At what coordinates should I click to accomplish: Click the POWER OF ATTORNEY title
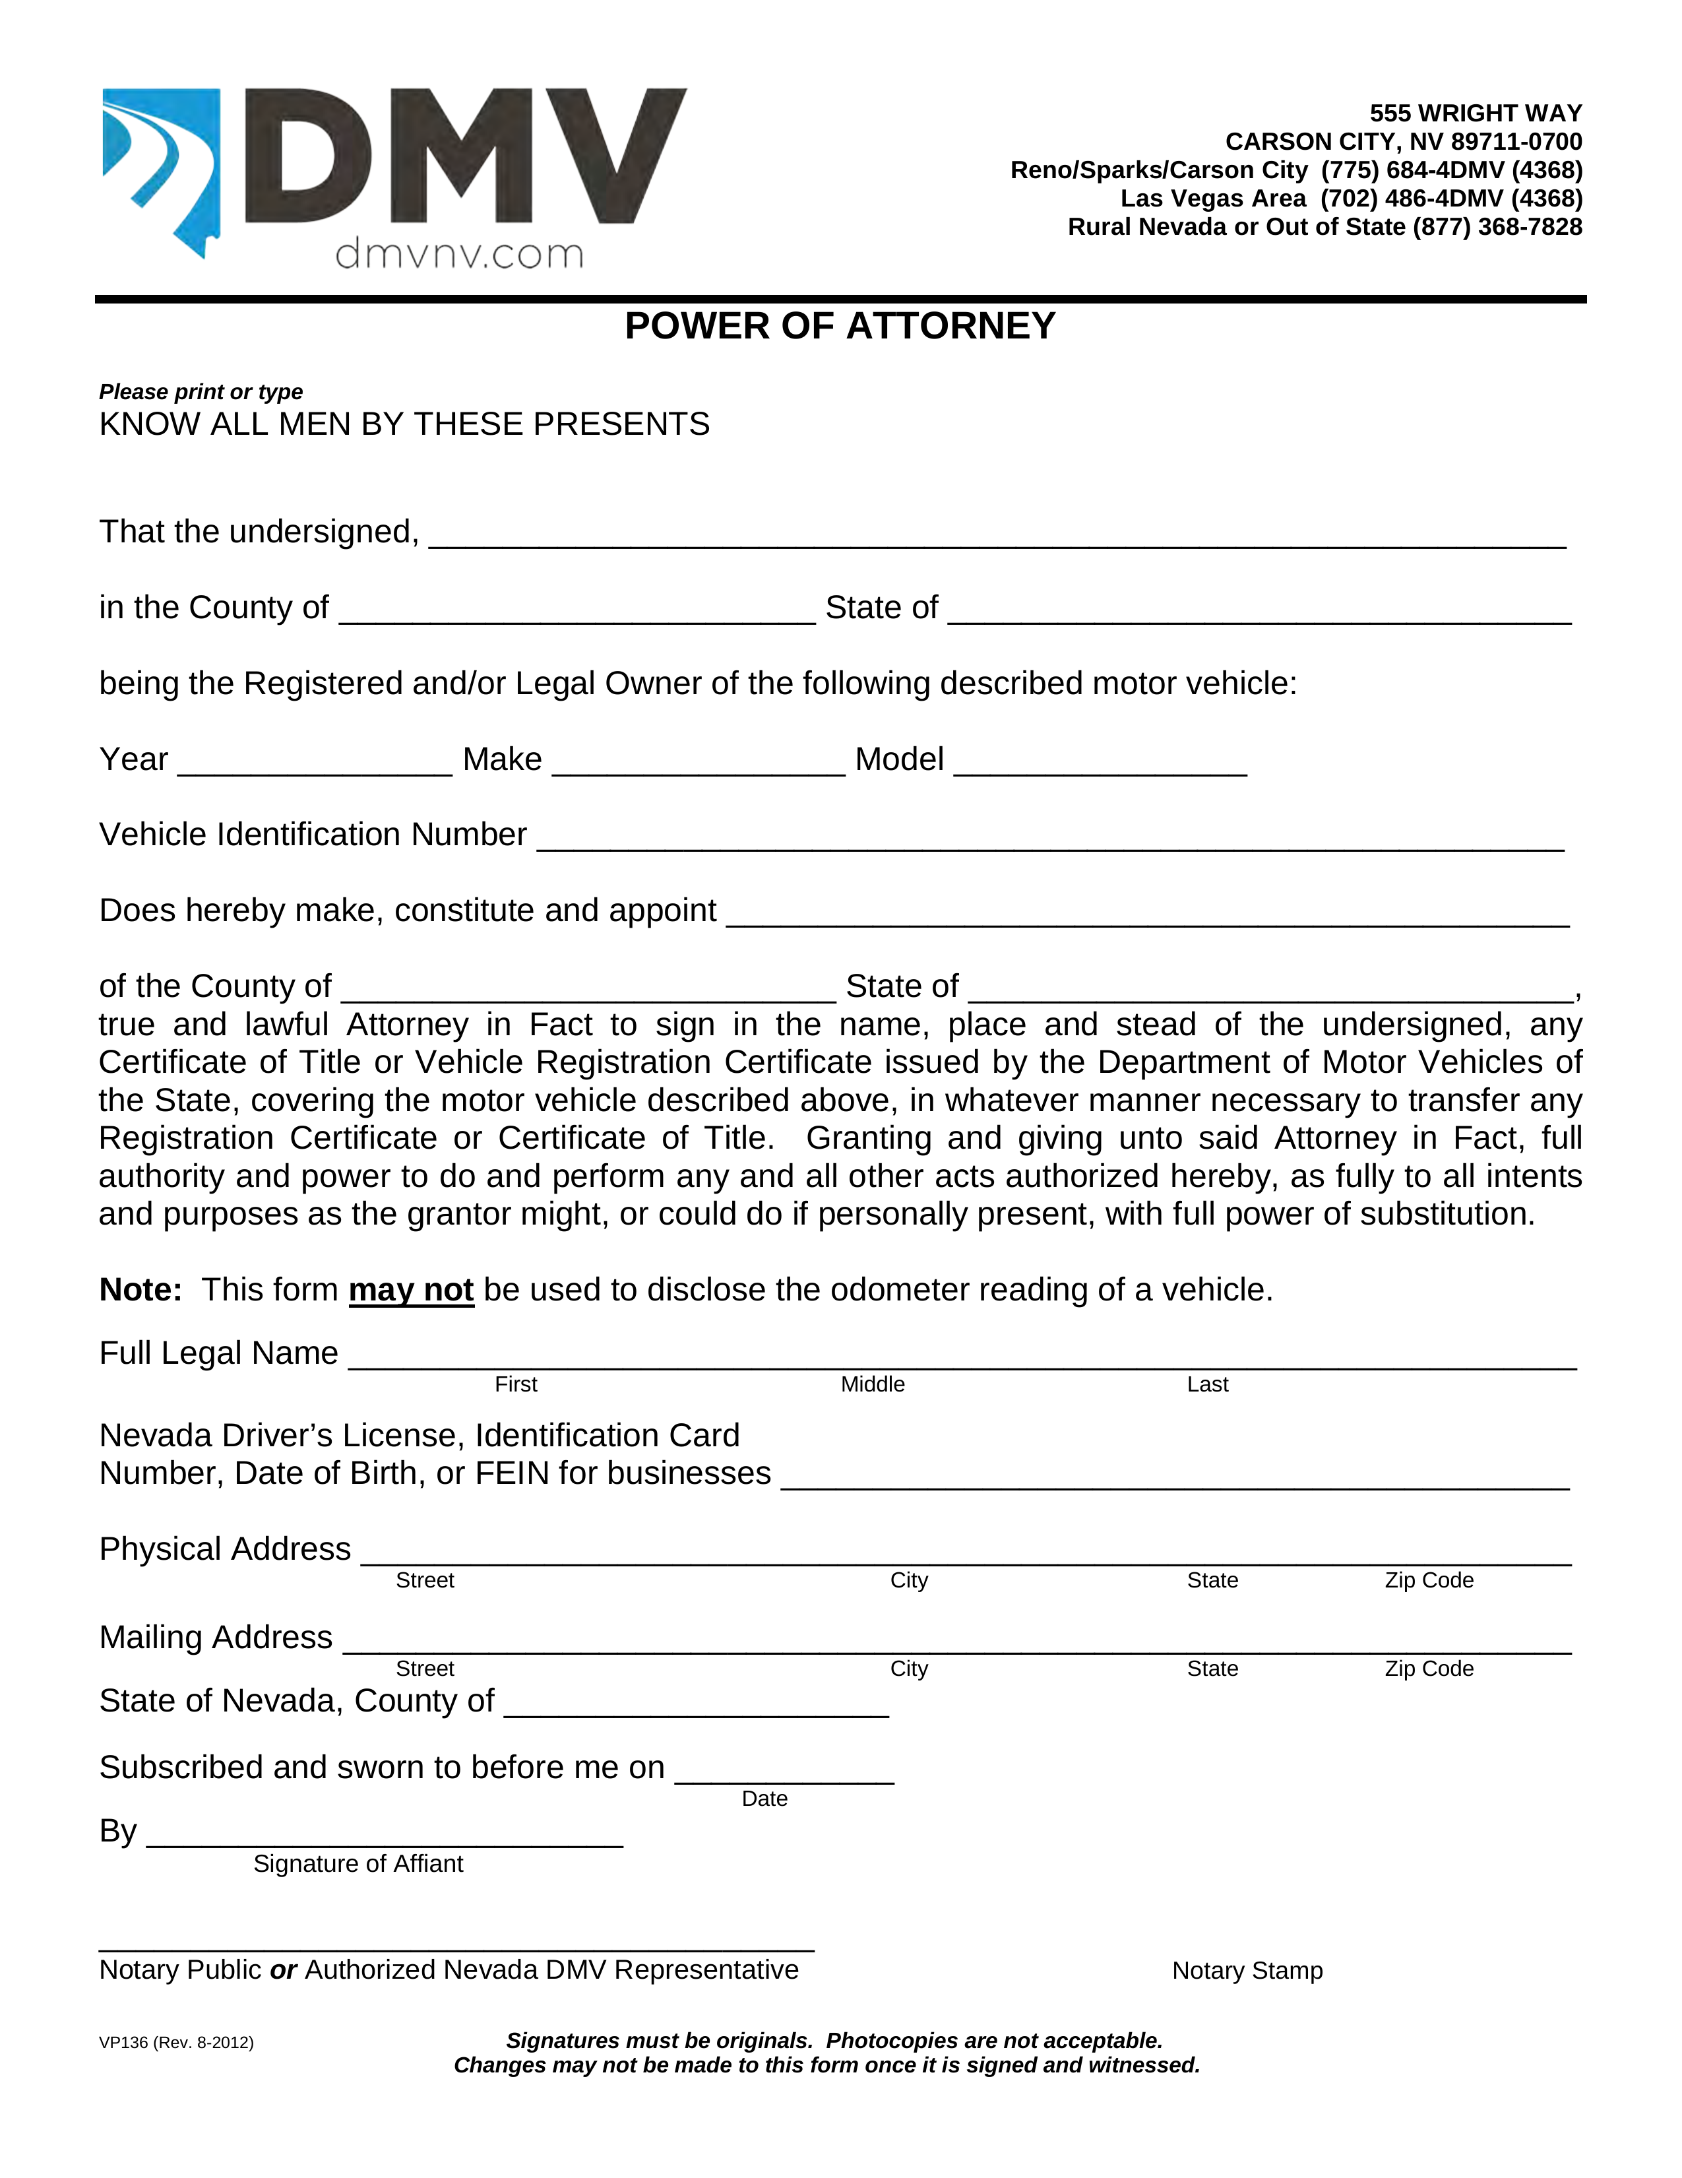tap(840, 326)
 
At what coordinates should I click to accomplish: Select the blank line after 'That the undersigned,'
tap(997, 536)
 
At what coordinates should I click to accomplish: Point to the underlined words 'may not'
tap(411, 1291)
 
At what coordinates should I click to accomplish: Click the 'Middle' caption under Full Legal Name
tap(873, 1384)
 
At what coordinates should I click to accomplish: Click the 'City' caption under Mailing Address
tap(908, 1669)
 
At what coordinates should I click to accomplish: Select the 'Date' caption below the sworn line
tap(764, 1798)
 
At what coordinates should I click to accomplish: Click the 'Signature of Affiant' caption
tap(358, 1864)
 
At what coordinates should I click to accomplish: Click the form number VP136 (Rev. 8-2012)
tap(177, 2042)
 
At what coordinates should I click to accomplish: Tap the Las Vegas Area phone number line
tap(1351, 199)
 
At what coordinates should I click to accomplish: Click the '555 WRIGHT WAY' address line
tap(1475, 113)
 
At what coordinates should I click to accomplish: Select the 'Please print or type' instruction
tap(201, 392)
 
